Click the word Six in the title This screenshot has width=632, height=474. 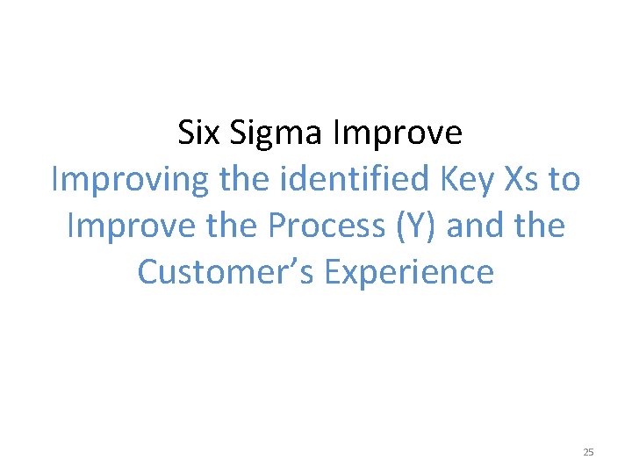199,133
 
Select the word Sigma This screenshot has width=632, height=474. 277,133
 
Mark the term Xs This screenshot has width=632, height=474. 517,179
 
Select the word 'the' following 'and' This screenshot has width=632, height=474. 537,226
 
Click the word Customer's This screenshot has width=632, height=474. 226,272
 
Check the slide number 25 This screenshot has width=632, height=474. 588,452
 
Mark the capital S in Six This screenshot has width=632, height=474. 185,133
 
